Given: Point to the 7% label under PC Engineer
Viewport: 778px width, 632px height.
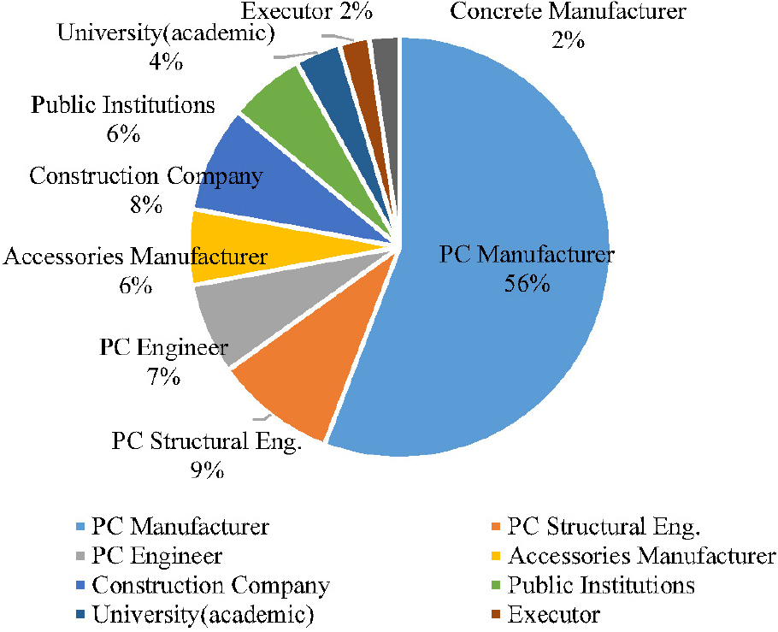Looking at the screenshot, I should (162, 375).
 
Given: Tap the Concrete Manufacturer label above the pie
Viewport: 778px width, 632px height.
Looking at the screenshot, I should (568, 12).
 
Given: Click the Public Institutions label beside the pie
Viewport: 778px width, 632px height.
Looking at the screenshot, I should (122, 106).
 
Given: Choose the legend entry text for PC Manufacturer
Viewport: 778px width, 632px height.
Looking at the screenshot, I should (180, 526).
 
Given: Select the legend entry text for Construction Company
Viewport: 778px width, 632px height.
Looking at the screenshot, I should (210, 586).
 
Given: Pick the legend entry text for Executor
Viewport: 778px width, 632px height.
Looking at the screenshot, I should (553, 614).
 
